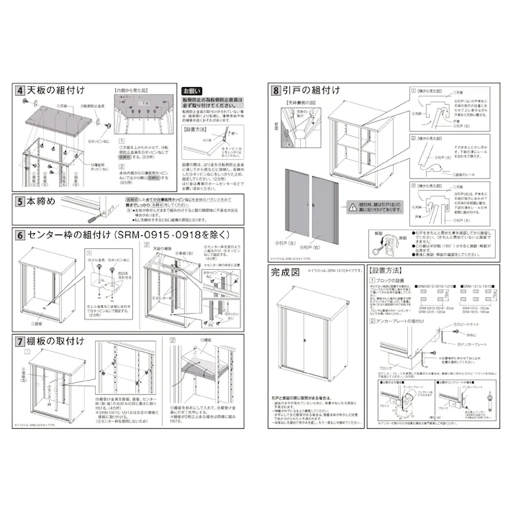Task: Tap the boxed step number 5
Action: click(x=20, y=203)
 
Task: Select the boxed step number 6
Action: click(x=20, y=236)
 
